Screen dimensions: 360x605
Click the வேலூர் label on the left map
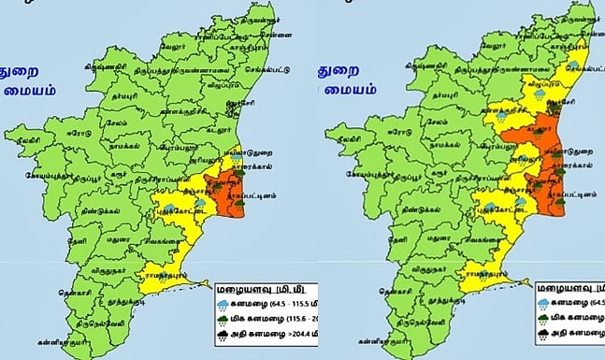point(173,43)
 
